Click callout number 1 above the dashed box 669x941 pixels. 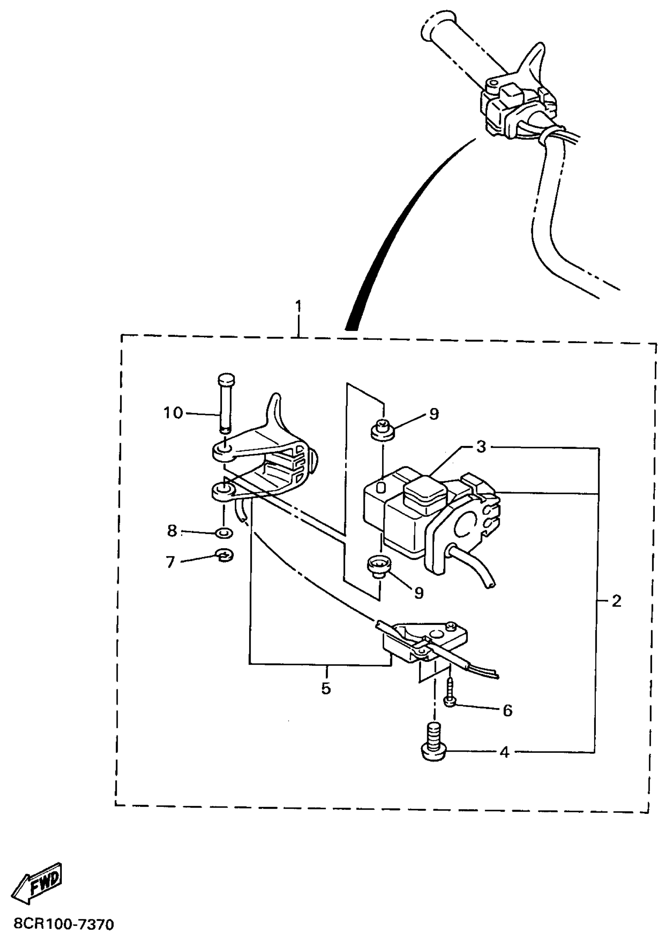click(x=298, y=307)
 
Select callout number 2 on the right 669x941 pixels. click(x=616, y=601)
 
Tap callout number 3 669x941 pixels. click(x=481, y=447)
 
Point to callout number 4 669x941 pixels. click(x=504, y=753)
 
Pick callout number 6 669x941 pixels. click(x=508, y=710)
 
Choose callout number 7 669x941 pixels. click(x=170, y=562)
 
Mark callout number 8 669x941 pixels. click(x=172, y=531)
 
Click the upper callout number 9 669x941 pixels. click(x=434, y=414)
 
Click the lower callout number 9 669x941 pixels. click(x=419, y=593)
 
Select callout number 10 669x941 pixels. click(x=173, y=412)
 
